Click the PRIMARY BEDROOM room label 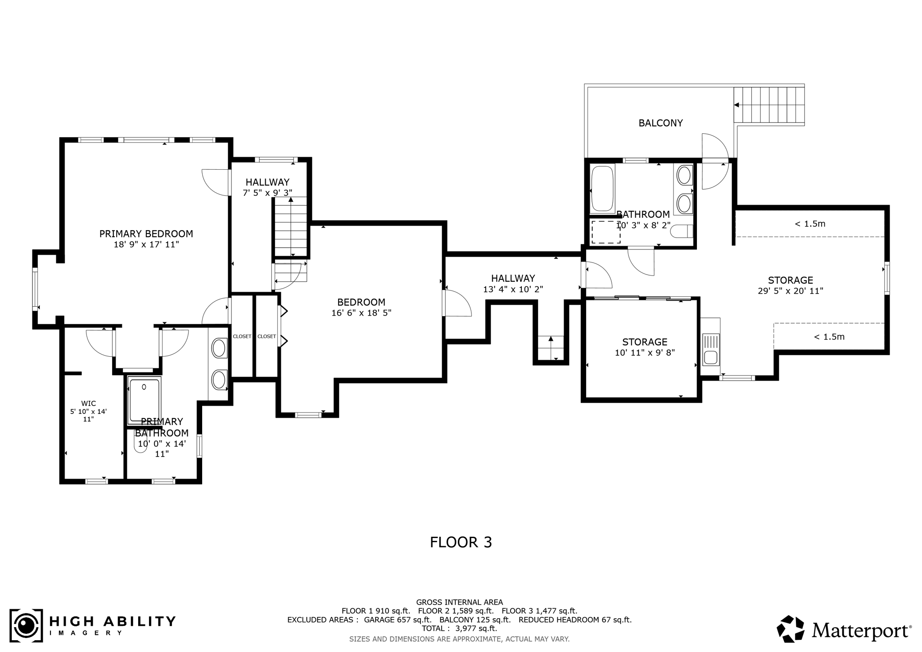coord(146,234)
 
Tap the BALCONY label coord(660,123)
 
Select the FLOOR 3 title coord(461,542)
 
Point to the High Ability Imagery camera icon coord(27,625)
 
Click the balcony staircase coord(769,105)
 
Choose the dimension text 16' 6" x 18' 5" coord(362,313)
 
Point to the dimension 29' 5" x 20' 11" coord(791,291)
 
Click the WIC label coord(88,403)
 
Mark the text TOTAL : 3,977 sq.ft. coord(459,628)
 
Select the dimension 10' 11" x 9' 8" coord(645,353)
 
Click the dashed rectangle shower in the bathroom coord(606,232)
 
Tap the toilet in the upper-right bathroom coord(681,231)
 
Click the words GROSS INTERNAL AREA coord(460,602)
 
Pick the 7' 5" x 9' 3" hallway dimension coord(267,193)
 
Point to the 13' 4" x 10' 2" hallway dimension coord(513,289)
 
